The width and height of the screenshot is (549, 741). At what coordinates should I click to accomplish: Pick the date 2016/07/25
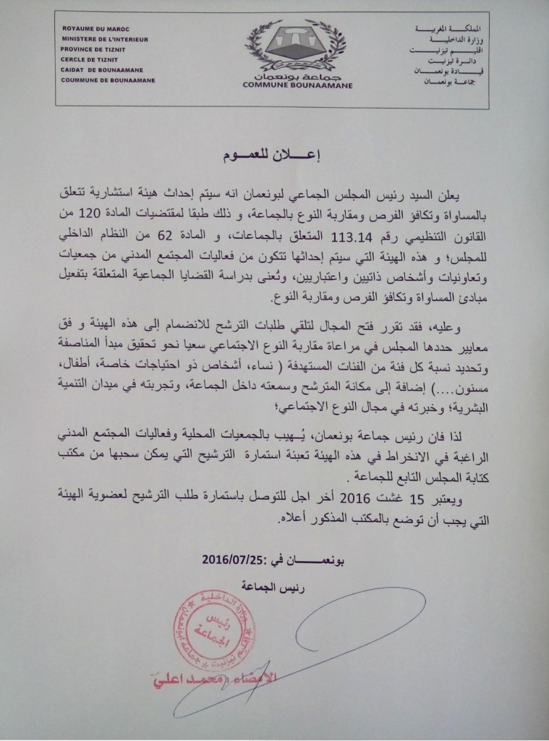coord(227,559)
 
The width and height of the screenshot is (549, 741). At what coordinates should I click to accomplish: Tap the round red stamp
coord(211,629)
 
